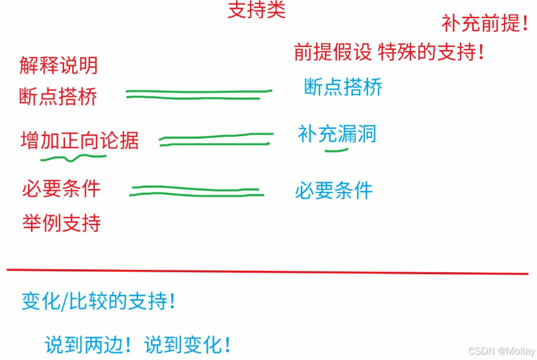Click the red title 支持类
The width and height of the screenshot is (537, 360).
pyautogui.click(x=256, y=10)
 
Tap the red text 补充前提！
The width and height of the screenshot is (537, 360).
pyautogui.click(x=485, y=23)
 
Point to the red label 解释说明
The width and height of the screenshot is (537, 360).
pyautogui.click(x=59, y=65)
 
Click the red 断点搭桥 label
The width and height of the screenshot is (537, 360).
pyautogui.click(x=59, y=96)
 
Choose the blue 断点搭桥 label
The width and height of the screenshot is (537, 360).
pyautogui.click(x=343, y=88)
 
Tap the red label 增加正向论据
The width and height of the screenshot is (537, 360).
pyautogui.click(x=80, y=140)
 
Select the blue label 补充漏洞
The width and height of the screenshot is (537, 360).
pyautogui.click(x=337, y=134)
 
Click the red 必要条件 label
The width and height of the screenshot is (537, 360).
pyautogui.click(x=62, y=188)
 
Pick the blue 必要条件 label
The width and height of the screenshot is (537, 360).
pyautogui.click(x=334, y=190)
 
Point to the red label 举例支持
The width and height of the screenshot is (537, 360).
pyautogui.click(x=62, y=222)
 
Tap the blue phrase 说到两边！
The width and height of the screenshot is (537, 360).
pyautogui.click(x=90, y=344)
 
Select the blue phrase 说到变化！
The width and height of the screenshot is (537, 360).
pyautogui.click(x=188, y=344)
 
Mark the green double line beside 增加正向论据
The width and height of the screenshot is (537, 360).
pyautogui.click(x=215, y=139)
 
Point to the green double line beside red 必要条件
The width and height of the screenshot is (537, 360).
pyautogui.click(x=196, y=191)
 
